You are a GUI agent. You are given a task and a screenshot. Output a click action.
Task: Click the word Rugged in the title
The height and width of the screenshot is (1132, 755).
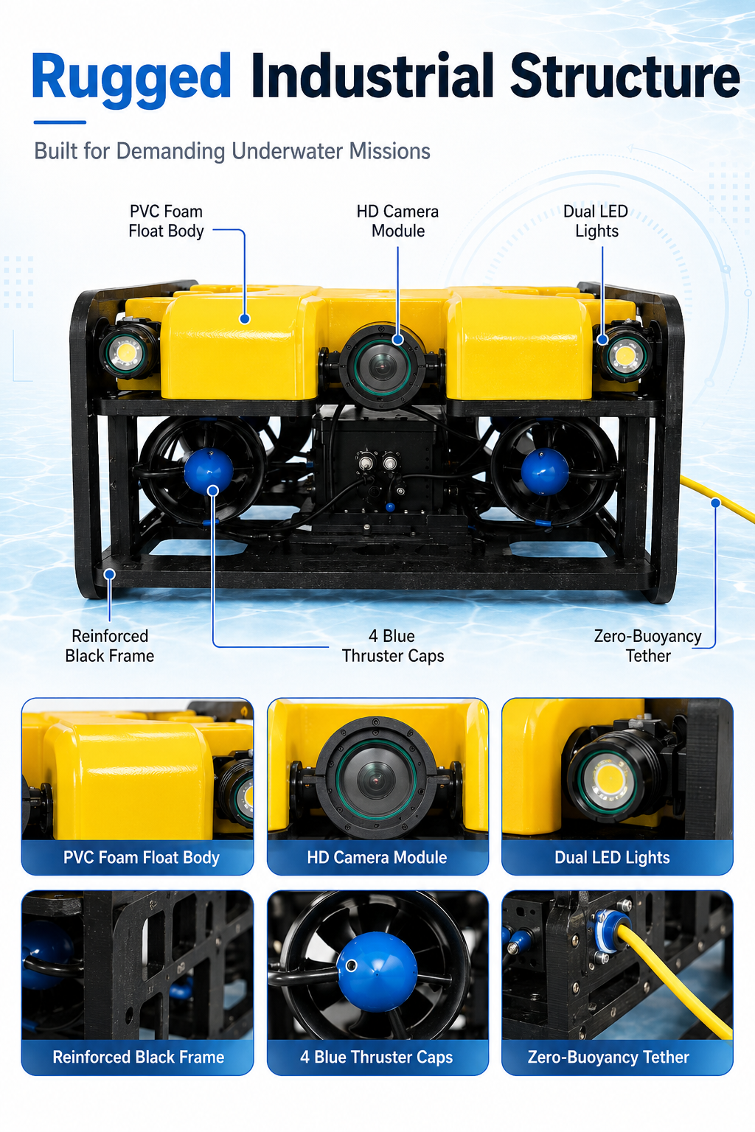(x=131, y=78)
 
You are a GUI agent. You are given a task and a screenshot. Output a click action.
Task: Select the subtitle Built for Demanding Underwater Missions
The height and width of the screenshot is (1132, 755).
(x=232, y=151)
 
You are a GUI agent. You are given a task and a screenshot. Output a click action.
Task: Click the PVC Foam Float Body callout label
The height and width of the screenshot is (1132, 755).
(x=166, y=221)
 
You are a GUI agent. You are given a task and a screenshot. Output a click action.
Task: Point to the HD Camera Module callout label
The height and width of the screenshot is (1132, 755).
(x=397, y=221)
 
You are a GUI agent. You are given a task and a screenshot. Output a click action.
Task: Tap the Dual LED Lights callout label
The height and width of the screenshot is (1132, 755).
(x=596, y=221)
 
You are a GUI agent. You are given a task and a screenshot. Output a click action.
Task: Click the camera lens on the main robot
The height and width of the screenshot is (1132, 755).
(x=383, y=365)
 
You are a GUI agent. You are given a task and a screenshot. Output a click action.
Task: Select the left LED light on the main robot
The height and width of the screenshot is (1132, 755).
(x=125, y=351)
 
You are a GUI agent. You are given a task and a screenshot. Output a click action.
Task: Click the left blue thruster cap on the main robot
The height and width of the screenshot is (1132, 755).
(x=209, y=471)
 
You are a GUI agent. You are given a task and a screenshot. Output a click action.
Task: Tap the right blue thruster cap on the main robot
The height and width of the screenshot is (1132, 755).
(x=545, y=472)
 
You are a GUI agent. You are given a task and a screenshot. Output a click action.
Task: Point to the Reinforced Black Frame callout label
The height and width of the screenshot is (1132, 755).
(x=109, y=646)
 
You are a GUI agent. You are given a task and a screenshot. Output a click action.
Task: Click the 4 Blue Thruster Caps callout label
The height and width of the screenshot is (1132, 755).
(x=392, y=646)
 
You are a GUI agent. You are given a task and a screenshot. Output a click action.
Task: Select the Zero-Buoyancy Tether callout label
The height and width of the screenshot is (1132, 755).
(x=648, y=646)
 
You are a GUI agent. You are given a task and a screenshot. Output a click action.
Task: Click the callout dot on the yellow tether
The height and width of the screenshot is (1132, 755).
(x=716, y=503)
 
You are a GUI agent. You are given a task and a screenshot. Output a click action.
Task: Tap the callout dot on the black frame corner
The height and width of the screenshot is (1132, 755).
(x=110, y=574)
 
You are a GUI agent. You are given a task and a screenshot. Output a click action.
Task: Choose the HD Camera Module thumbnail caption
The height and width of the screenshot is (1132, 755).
(x=377, y=857)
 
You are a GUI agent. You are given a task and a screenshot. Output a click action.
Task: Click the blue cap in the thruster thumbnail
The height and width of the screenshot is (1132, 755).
(x=377, y=971)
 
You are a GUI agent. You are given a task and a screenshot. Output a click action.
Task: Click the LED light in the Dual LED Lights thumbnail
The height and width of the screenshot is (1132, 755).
(x=609, y=779)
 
